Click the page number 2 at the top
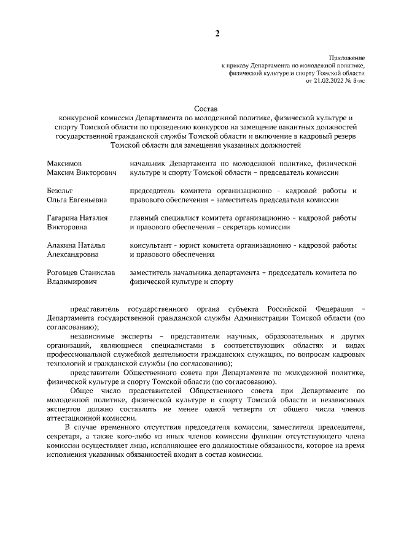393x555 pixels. click(x=217, y=33)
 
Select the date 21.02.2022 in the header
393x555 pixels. click(x=329, y=80)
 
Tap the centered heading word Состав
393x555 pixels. click(x=206, y=108)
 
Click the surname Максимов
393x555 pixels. click(x=64, y=164)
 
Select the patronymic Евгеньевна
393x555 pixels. click(x=87, y=200)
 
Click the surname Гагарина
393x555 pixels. click(x=63, y=218)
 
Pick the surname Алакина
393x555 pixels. click(x=62, y=244)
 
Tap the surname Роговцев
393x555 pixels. click(x=64, y=271)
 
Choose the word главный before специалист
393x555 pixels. click(x=145, y=218)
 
